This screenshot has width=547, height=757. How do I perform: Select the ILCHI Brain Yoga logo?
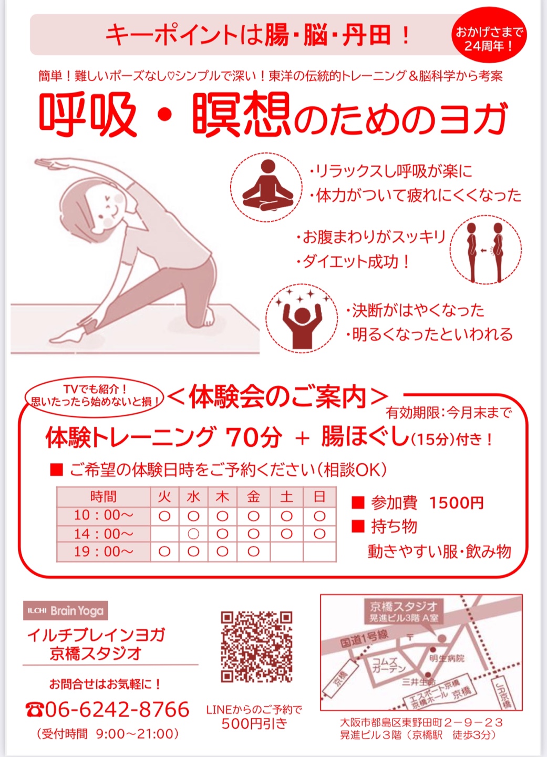(66, 611)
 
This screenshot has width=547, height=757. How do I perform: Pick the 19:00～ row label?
(104, 551)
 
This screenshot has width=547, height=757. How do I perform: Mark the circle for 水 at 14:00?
(193, 534)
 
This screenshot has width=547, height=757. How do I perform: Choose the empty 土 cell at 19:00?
(286, 551)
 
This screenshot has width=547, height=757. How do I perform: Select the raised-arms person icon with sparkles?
(302, 319)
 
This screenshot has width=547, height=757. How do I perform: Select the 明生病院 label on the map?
(447, 657)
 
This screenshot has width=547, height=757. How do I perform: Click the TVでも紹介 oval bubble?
(94, 396)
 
